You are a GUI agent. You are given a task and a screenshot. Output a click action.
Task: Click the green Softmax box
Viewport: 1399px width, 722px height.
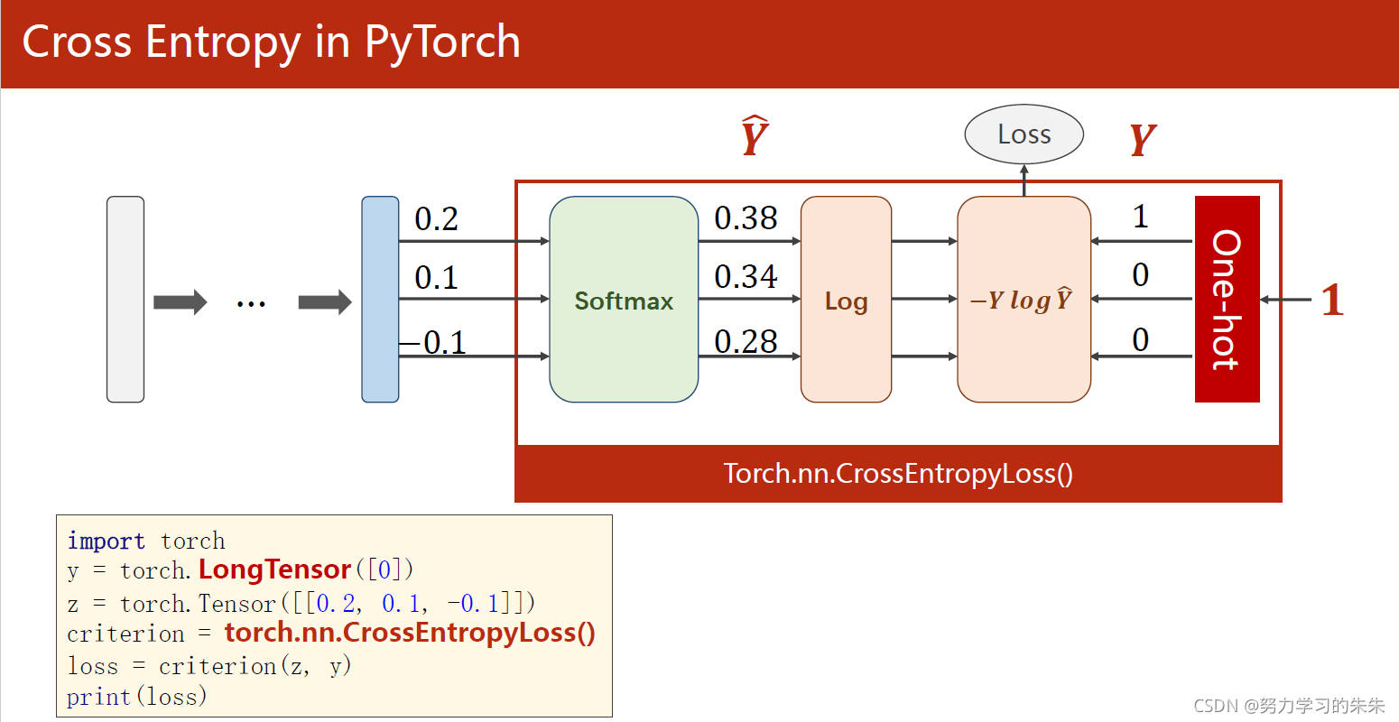tap(624, 300)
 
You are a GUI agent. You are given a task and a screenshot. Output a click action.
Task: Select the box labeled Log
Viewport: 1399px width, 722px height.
tap(846, 300)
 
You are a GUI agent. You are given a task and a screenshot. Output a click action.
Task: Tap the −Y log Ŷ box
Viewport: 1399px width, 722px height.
tap(1024, 300)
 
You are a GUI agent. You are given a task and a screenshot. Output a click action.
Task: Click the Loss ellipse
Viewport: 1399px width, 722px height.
tap(1024, 134)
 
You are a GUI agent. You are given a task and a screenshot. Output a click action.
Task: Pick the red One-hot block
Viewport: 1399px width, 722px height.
tap(1227, 299)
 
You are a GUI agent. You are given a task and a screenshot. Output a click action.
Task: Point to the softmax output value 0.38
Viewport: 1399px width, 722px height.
tap(746, 218)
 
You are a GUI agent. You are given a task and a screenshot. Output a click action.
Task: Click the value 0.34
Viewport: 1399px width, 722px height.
tap(746, 276)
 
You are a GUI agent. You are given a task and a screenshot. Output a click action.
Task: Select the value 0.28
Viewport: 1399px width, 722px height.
tap(746, 341)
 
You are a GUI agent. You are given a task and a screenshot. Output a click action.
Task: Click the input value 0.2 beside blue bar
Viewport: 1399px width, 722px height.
tap(436, 218)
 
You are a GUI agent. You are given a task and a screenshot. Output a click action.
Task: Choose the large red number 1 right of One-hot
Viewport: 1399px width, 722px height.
tap(1332, 300)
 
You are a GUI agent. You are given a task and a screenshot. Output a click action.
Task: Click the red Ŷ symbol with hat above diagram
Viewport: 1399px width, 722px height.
tap(755, 137)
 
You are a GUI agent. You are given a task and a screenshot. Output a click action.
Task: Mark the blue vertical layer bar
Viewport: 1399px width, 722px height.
tap(380, 300)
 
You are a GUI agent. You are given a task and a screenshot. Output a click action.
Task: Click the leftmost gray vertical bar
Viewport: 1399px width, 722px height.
tap(125, 300)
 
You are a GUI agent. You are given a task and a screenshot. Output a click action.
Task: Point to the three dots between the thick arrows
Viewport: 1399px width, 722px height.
tap(251, 303)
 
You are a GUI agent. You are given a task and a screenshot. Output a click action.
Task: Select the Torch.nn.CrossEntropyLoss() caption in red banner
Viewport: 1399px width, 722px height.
tap(898, 474)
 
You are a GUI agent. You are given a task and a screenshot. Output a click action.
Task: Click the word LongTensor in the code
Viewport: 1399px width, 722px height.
tap(274, 569)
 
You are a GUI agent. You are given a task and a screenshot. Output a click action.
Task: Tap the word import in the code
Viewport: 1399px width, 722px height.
tap(106, 541)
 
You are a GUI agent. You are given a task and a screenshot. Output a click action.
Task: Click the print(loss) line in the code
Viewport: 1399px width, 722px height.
tap(136, 697)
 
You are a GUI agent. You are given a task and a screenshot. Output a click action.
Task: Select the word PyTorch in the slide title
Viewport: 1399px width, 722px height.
tap(442, 42)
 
